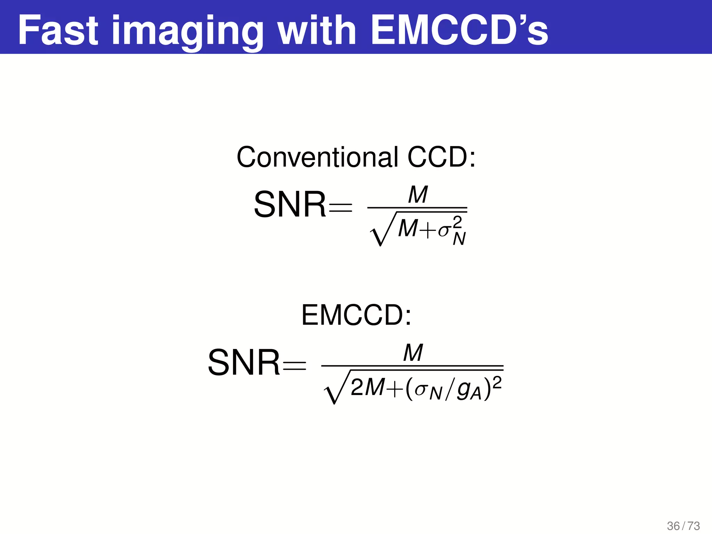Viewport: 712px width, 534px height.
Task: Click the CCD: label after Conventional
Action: click(441, 157)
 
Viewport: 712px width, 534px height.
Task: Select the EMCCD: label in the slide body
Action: click(356, 315)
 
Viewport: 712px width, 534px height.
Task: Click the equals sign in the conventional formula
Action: click(340, 208)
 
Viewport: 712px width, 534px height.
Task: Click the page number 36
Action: click(673, 526)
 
